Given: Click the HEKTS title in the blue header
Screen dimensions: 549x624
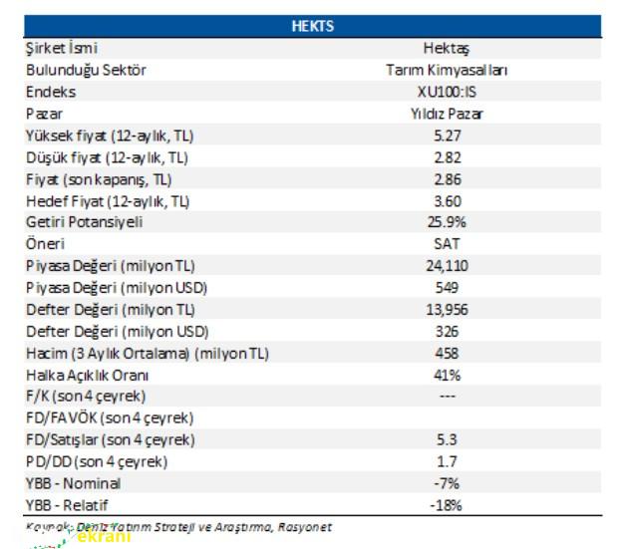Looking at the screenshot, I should pyautogui.click(x=312, y=27).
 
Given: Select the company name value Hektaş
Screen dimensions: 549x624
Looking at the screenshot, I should pyautogui.click(x=446, y=48).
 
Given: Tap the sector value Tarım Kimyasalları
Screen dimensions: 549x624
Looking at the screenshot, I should pyautogui.click(x=446, y=70).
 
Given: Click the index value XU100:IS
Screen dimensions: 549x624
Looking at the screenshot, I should pyautogui.click(x=446, y=92).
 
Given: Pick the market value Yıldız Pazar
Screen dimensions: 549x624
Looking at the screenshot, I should pyautogui.click(x=446, y=114).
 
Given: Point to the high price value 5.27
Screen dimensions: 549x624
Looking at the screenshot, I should pyautogui.click(x=447, y=136).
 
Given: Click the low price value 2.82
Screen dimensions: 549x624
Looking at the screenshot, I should pyautogui.click(x=447, y=157).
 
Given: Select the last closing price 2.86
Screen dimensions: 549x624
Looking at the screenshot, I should pyautogui.click(x=447, y=179).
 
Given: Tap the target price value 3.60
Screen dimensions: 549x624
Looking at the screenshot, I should pyautogui.click(x=447, y=200).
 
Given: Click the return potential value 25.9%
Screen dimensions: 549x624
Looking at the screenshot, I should pyautogui.click(x=447, y=222).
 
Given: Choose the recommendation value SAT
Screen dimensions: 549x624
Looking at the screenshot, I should pyautogui.click(x=447, y=244).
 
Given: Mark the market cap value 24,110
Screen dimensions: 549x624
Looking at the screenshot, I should pyautogui.click(x=447, y=266).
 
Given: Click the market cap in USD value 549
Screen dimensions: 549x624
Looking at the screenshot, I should pyautogui.click(x=447, y=288).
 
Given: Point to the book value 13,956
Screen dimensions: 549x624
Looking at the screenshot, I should pyautogui.click(x=447, y=310).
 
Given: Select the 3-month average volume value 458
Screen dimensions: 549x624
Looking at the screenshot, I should pyautogui.click(x=447, y=353).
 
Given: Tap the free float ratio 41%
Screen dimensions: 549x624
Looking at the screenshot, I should pyautogui.click(x=447, y=375).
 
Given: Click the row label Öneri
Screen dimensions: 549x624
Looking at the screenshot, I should pyautogui.click(x=44, y=244).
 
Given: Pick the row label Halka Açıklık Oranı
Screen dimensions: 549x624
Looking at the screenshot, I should pyautogui.click(x=88, y=375).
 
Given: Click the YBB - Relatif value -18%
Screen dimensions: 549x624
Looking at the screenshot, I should pyautogui.click(x=447, y=505).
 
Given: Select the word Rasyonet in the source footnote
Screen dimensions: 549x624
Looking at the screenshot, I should pyautogui.click(x=304, y=527).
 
